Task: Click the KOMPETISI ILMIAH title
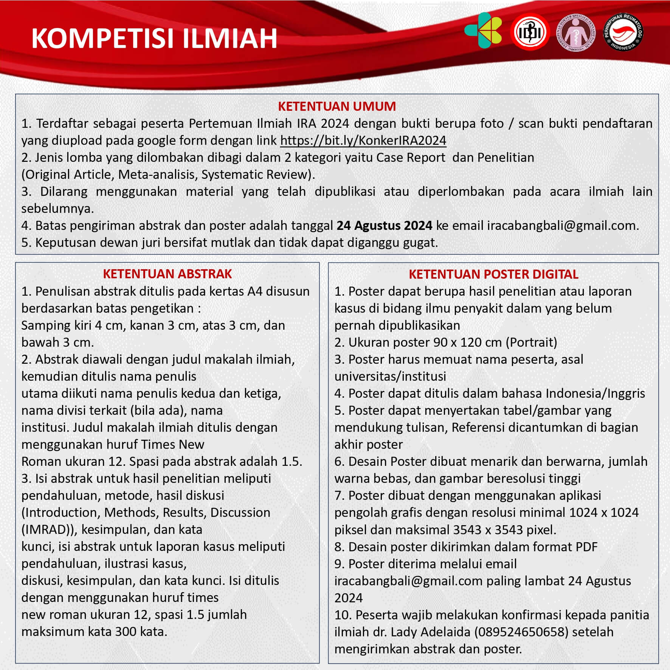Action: point(154,38)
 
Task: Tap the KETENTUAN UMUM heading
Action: point(337,106)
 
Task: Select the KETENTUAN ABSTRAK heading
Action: point(167,274)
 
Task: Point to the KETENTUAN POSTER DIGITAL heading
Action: point(493,274)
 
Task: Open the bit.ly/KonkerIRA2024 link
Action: point(363,141)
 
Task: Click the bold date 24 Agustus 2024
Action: point(384,226)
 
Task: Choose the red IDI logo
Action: point(529,32)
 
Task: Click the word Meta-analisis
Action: point(158,175)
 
